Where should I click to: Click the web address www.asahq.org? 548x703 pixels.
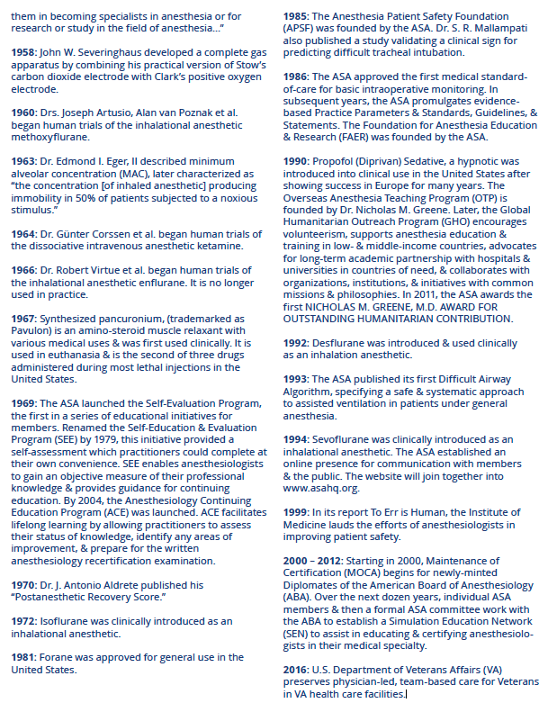point(320,489)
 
